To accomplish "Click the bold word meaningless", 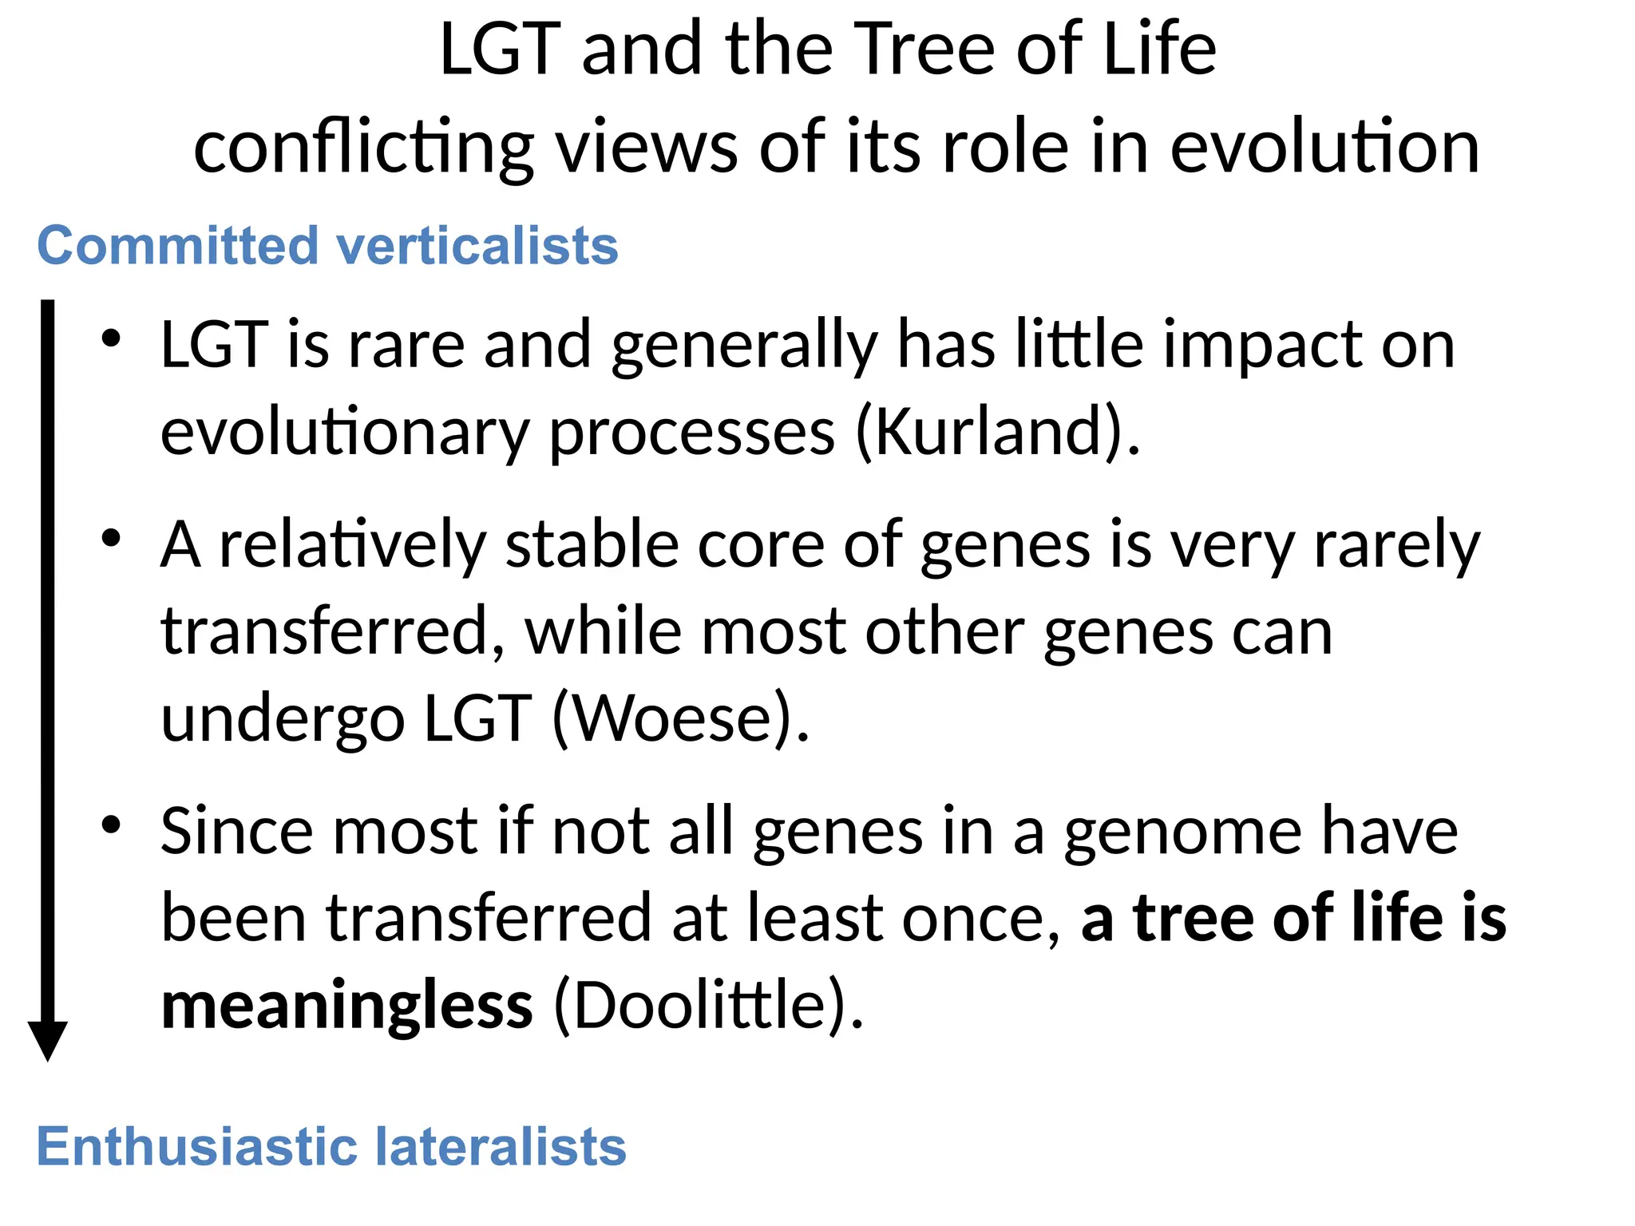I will coord(346,1006).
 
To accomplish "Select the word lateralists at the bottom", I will coord(501,1147).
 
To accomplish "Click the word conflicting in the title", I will coord(363,148).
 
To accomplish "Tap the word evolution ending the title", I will coord(1324,147).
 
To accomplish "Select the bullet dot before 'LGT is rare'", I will coord(111,338).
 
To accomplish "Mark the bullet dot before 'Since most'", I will coord(111,825).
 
